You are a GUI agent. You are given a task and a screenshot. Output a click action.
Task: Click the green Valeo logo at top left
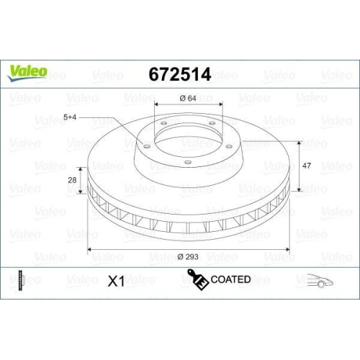[x=28, y=70]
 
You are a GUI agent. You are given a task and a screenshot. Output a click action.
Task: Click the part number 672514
[x=179, y=75]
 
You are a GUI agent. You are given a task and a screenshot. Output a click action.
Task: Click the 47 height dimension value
[x=307, y=165]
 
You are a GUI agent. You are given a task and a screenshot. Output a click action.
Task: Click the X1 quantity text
[x=115, y=281]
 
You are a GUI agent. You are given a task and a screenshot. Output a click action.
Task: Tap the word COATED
[x=230, y=279]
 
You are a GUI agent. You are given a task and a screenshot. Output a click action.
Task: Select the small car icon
[x=319, y=280]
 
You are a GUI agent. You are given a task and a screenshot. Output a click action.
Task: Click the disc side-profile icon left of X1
[x=20, y=280]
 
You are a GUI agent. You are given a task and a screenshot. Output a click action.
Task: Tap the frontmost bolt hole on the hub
[x=187, y=161]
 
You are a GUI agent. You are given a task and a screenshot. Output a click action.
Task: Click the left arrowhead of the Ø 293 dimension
[x=91, y=249]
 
